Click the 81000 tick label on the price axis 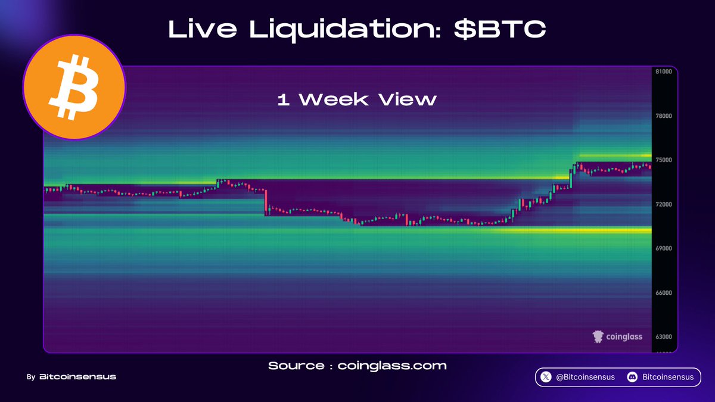664,71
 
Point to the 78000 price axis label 664,116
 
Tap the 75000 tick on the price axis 664,160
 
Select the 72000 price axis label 664,204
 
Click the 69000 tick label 664,248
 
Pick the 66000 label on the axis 664,292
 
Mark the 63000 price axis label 664,336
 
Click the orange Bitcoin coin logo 74,87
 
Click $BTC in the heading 500,29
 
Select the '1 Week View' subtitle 357,99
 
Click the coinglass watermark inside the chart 617,336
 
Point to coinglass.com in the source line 392,366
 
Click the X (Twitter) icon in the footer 546,377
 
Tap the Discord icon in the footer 632,377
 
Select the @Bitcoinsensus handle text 585,377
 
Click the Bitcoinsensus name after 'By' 77,377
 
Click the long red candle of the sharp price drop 265,202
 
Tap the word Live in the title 203,29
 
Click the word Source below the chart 296,366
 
